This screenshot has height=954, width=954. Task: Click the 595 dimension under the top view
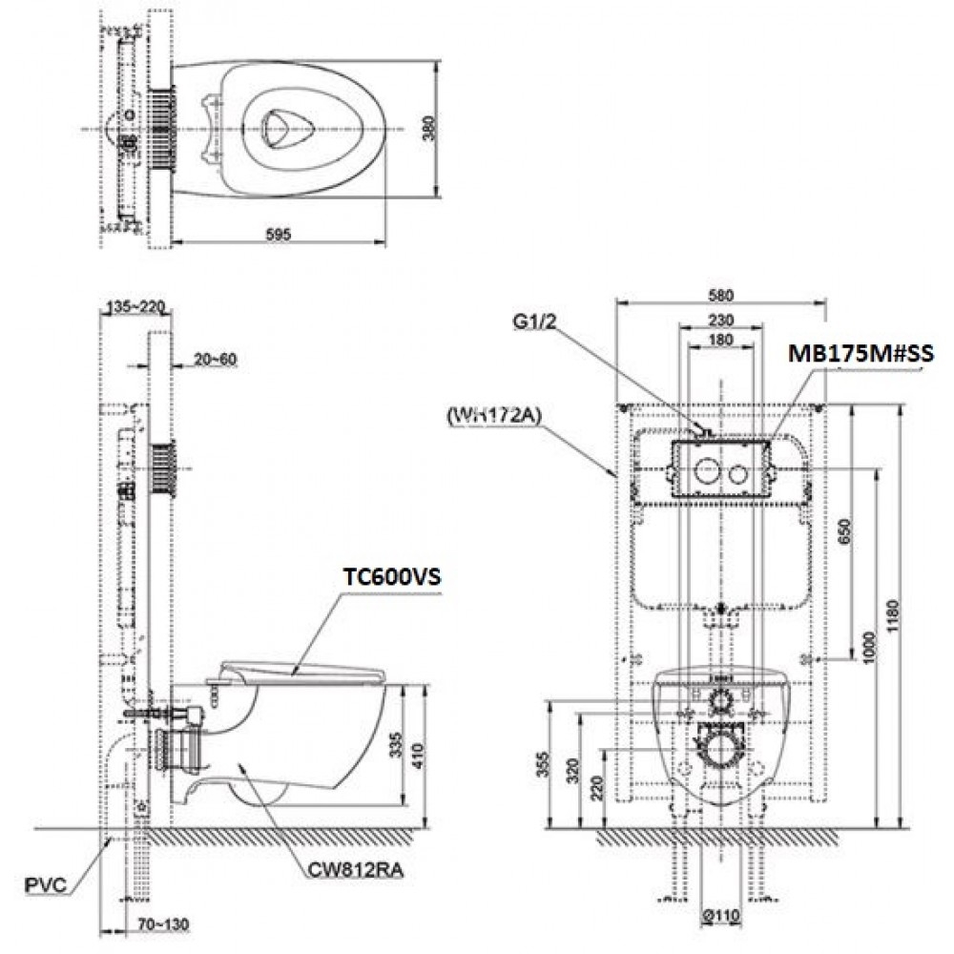(279, 234)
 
